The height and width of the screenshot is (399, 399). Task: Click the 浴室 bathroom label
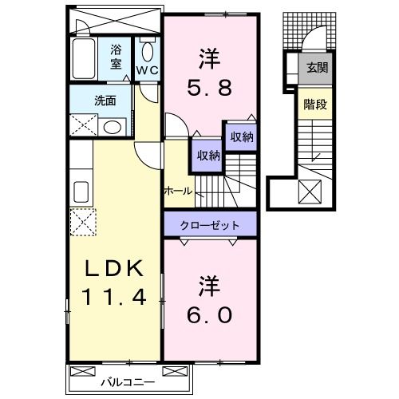[x=116, y=55]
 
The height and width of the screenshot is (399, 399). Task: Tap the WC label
[x=148, y=70]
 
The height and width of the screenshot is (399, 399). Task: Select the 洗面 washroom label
[x=105, y=101]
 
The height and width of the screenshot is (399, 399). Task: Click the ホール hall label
[x=176, y=190]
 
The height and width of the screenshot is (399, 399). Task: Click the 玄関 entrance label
[x=316, y=67]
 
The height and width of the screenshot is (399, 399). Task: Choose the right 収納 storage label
[x=240, y=137]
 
